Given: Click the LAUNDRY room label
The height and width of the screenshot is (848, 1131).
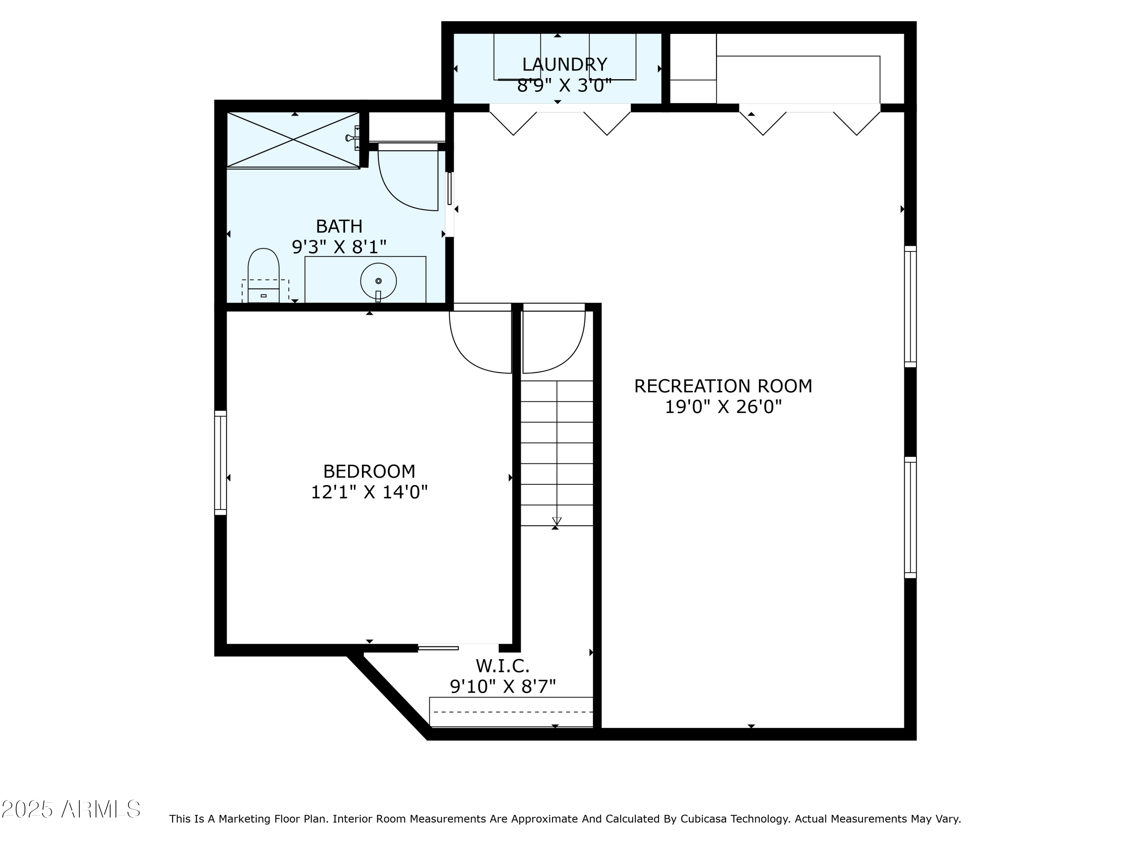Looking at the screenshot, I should click(564, 64).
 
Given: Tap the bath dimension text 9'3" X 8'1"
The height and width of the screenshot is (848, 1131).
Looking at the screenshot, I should click(339, 247).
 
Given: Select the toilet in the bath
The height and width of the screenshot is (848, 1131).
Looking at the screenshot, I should click(263, 276).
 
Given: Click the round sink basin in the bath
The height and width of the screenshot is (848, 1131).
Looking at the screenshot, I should click(379, 281).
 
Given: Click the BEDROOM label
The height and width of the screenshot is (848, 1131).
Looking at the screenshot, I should click(369, 471).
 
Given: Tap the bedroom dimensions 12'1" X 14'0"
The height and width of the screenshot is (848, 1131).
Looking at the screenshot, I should click(369, 492).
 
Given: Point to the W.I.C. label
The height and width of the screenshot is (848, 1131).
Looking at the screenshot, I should click(503, 666).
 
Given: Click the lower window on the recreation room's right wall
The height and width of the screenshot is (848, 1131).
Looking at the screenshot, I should click(910, 517).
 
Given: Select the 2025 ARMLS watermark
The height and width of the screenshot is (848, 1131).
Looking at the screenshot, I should click(71, 810).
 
